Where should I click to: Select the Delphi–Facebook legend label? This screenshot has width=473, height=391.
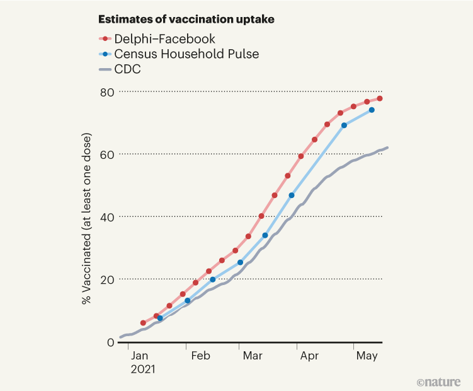pos(166,39)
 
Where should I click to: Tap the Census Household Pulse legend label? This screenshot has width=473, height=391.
pos(187,54)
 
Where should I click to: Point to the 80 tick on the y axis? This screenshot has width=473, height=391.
pos(107,92)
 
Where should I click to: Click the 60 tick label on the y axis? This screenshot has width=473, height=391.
pos(107,155)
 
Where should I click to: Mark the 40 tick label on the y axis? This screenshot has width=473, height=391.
pos(107,217)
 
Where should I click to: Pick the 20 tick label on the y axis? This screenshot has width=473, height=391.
pos(107,279)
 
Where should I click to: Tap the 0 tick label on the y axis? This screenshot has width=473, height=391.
pos(111,342)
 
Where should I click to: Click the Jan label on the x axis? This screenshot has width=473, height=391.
pos(142,356)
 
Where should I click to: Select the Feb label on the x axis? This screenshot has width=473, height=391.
pos(200,356)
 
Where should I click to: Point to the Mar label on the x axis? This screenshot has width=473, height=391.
pos(253,356)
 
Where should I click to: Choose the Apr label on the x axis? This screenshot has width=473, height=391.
pos(309,356)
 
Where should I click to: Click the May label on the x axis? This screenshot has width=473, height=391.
pos(367,356)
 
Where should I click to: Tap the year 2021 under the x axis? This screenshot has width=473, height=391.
pos(143,370)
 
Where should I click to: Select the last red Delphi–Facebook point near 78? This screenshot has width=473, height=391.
pos(380,98)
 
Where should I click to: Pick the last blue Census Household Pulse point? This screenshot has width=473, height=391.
pos(372,110)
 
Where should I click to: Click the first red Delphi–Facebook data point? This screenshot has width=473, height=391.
pos(143,323)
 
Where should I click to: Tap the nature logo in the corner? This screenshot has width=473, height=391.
pos(438,382)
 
